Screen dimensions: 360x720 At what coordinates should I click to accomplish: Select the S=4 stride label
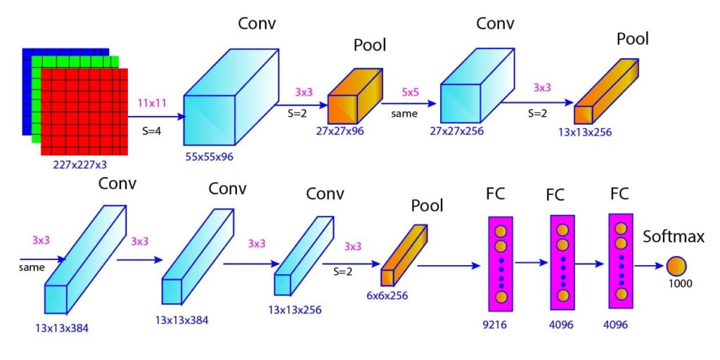point(151,129)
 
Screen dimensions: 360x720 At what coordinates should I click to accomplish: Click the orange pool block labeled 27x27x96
point(354,96)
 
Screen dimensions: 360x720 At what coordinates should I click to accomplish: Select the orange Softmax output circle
point(676,266)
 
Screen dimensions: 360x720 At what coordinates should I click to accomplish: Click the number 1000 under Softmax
point(680,284)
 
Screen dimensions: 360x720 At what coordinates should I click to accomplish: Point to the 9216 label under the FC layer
point(500,326)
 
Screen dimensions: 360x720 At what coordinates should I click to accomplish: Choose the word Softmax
point(674,237)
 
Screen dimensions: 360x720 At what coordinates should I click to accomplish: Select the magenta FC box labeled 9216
point(501,264)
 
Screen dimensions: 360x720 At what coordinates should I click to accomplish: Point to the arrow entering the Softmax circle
point(651,266)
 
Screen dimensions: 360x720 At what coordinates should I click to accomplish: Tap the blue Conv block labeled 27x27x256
point(469,92)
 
